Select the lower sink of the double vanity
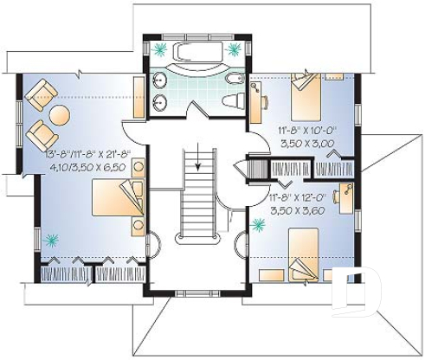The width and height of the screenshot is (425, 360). point(160,104)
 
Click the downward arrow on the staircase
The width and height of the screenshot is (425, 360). point(198,160)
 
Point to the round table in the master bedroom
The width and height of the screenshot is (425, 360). point(60,114)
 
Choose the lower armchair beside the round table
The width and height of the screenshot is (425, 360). point(40,134)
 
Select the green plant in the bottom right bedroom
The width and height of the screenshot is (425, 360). point(257,228)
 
